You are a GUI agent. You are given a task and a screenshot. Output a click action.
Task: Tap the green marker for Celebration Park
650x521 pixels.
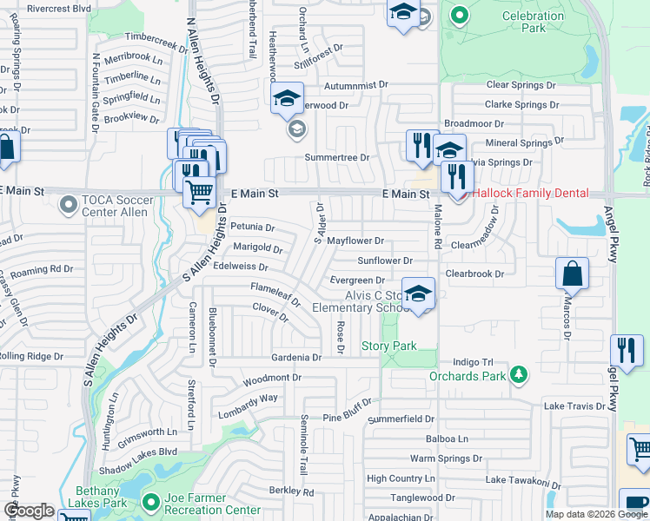[x=459, y=14]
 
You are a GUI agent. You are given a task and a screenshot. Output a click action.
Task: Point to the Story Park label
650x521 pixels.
[x=389, y=346]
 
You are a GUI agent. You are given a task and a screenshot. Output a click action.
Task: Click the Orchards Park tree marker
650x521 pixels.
[x=519, y=374]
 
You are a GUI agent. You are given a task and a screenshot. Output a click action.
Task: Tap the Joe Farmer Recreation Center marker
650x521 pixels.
[x=150, y=501]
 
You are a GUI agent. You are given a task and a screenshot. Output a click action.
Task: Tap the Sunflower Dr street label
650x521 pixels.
[x=384, y=260]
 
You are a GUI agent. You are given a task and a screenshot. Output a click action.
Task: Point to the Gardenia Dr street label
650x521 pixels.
[x=296, y=357]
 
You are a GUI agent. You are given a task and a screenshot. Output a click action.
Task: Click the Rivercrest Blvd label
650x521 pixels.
[x=58, y=8]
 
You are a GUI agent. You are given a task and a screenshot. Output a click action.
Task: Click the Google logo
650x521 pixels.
[x=29, y=511]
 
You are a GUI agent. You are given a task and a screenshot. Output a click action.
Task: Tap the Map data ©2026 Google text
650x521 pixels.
[x=595, y=514]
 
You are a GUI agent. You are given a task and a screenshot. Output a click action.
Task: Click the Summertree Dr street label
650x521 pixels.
[x=336, y=157]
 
